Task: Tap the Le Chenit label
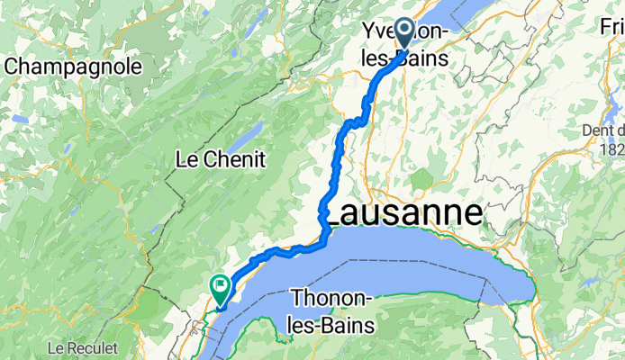click(220, 160)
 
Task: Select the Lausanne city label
click(402, 214)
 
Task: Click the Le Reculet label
click(79, 346)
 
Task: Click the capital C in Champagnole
click(14, 66)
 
